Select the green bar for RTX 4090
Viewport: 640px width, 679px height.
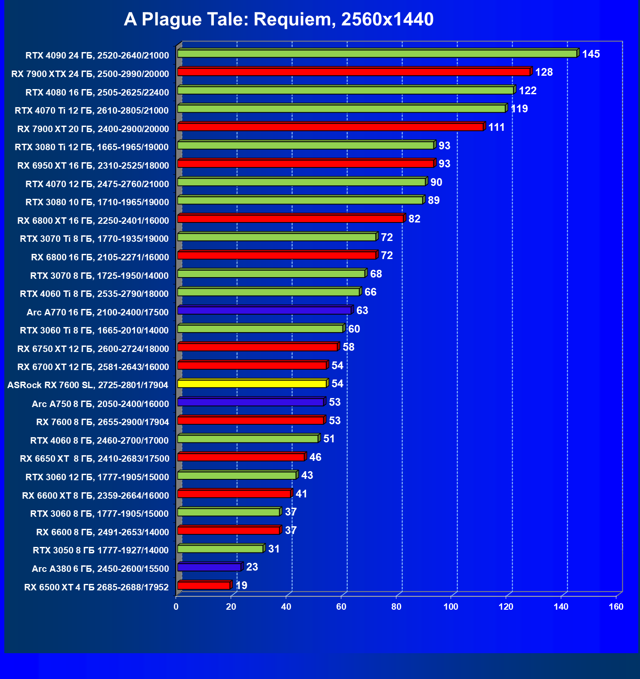pyautogui.click(x=377, y=54)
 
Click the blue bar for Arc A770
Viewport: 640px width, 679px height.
pyautogui.click(x=264, y=310)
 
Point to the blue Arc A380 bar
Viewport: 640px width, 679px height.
pyautogui.click(x=209, y=567)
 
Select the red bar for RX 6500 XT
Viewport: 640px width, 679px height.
pyautogui.click(x=204, y=586)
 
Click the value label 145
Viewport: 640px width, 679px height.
pyautogui.click(x=591, y=54)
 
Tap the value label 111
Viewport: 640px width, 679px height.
pyautogui.click(x=496, y=127)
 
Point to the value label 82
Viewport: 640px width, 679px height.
pyautogui.click(x=414, y=219)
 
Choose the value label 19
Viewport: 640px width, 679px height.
pyautogui.click(x=241, y=586)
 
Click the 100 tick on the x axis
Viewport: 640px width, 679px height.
pyautogui.click(x=451, y=607)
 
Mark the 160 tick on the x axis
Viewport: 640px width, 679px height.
pyautogui.click(x=616, y=607)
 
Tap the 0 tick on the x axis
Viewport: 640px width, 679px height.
pyautogui.click(x=176, y=607)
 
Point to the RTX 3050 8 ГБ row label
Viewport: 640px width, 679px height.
pyautogui.click(x=101, y=550)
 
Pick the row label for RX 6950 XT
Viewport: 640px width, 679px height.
pyautogui.click(x=93, y=166)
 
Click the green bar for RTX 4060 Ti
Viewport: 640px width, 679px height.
pyautogui.click(x=269, y=292)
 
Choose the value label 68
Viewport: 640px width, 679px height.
pyautogui.click(x=376, y=274)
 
